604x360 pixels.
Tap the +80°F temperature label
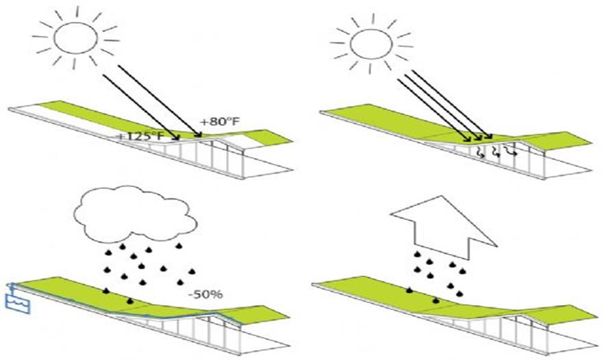[218, 122]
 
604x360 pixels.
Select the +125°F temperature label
[142, 136]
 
